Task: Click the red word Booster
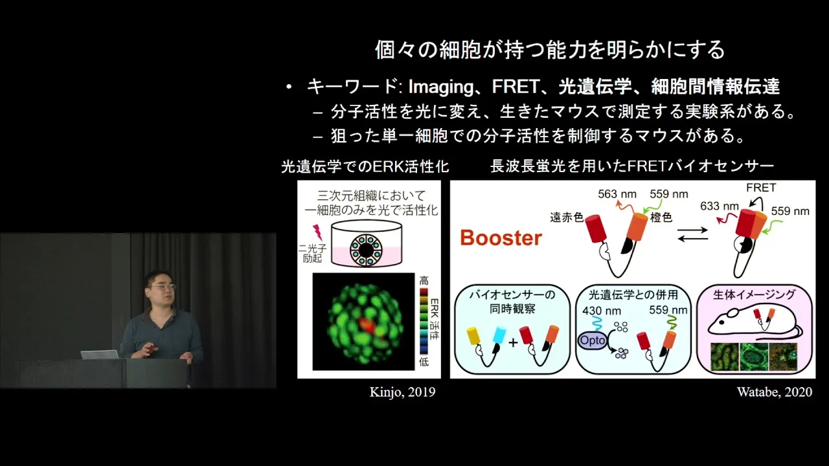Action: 501,238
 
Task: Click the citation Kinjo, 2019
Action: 402,392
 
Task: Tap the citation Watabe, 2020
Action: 774,392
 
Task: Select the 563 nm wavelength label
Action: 617,194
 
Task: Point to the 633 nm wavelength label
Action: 719,206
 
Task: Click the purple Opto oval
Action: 592,340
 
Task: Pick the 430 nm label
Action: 602,310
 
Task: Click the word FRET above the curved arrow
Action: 761,188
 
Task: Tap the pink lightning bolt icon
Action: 318,232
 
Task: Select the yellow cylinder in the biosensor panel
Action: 473,336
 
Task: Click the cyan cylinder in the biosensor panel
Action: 499,335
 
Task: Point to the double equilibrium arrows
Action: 692,234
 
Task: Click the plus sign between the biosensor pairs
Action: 512,343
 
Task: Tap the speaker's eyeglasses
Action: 163,286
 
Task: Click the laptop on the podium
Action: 100,354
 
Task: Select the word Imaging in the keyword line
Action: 441,87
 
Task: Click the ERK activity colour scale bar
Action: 424,322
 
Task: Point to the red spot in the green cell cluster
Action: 369,326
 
